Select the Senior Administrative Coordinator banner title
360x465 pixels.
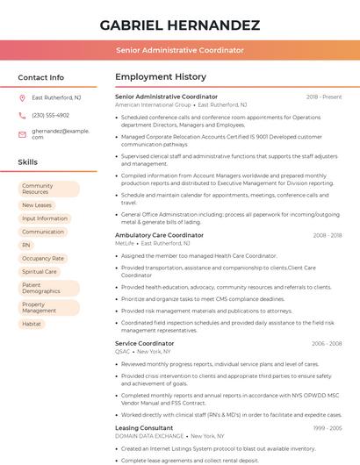pyautogui.click(x=179, y=50)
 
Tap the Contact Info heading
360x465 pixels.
pyautogui.click(x=41, y=77)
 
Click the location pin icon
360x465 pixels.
pyautogui.click(x=23, y=97)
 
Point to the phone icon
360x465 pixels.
pyautogui.click(x=23, y=115)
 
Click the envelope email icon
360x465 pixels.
pyautogui.click(x=23, y=133)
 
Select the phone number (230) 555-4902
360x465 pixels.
pyautogui.click(x=50, y=115)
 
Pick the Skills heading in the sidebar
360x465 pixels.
pyautogui.click(x=28, y=162)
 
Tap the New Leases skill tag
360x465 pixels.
pyautogui.click(x=38, y=205)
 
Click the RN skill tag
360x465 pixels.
pyautogui.click(x=26, y=245)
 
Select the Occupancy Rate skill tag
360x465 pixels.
pyautogui.click(x=43, y=259)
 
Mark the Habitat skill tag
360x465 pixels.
pyautogui.click(x=32, y=324)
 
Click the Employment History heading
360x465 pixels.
pyautogui.click(x=161, y=77)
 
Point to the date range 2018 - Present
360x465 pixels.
pyautogui.click(x=324, y=97)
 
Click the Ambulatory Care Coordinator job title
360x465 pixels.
pyautogui.click(x=159, y=235)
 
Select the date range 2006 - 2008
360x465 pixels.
pyautogui.click(x=327, y=343)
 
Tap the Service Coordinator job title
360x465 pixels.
pyautogui.click(x=145, y=343)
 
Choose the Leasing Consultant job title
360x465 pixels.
pyautogui.click(x=144, y=427)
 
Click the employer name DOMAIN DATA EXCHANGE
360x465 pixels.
pyautogui.click(x=149, y=435)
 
